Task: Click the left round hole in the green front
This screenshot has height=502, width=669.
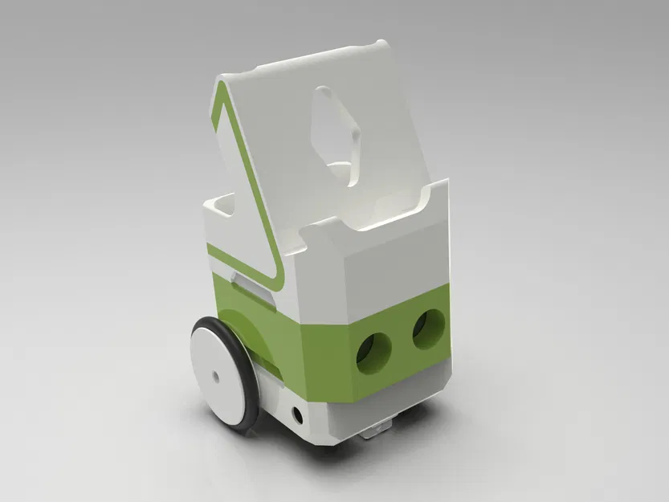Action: pyautogui.click(x=373, y=352)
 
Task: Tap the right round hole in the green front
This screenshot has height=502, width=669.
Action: pyautogui.click(x=429, y=329)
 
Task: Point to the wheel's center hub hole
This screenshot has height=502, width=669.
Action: pyautogui.click(x=215, y=375)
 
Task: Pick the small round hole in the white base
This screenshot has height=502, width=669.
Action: pyautogui.click(x=299, y=415)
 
